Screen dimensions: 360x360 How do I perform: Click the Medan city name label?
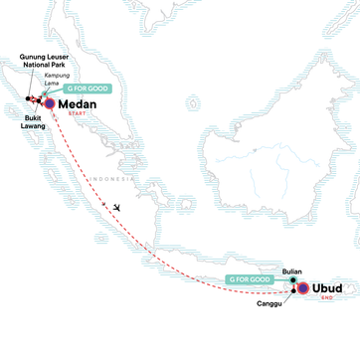[81, 103]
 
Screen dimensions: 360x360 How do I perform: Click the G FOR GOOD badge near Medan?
[92, 88]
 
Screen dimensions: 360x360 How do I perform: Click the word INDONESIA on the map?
[103, 179]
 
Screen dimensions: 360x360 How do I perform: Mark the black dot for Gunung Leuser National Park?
[29, 98]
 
